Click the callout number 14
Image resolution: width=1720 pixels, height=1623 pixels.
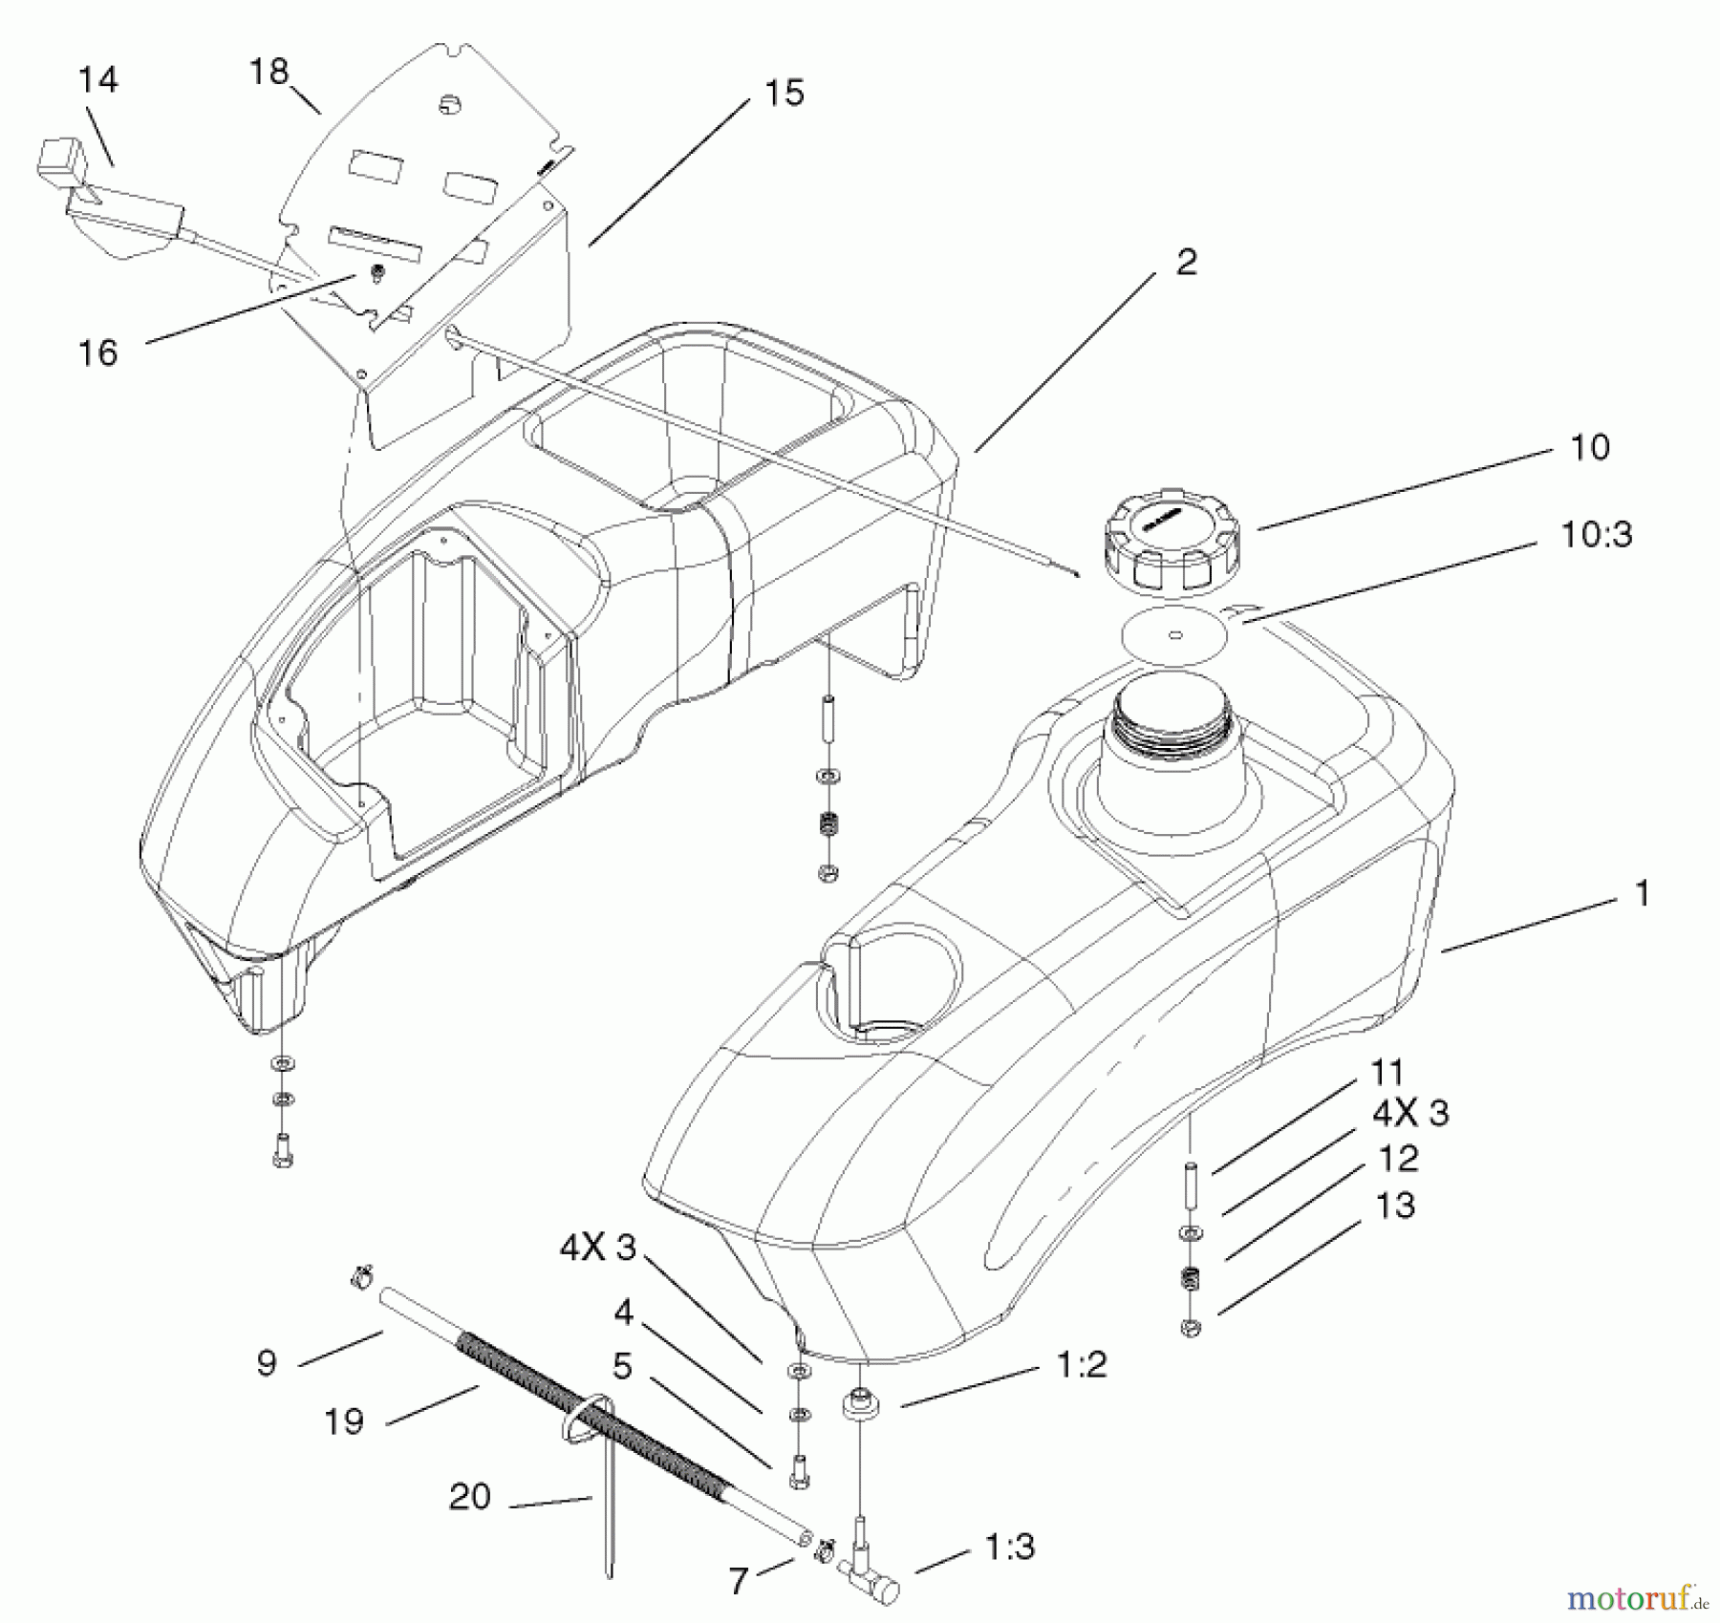click(x=98, y=79)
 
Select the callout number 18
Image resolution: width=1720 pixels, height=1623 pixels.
click(x=269, y=72)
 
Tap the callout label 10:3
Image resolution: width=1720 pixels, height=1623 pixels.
click(x=1596, y=535)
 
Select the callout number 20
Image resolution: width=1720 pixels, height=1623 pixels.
click(x=469, y=1497)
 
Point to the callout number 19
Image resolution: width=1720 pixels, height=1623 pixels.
click(x=344, y=1422)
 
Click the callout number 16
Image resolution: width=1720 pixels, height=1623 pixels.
click(x=97, y=352)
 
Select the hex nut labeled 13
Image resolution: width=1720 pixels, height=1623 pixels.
click(x=1191, y=1327)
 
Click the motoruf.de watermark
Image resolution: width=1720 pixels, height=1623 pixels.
click(x=1637, y=1596)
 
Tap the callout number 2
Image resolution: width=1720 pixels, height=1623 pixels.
click(x=1186, y=262)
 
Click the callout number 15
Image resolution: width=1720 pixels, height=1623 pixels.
click(x=785, y=93)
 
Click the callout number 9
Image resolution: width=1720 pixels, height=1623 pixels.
click(x=267, y=1362)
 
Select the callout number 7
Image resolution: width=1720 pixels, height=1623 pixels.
click(x=738, y=1582)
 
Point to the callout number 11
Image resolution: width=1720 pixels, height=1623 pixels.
click(x=1387, y=1073)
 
